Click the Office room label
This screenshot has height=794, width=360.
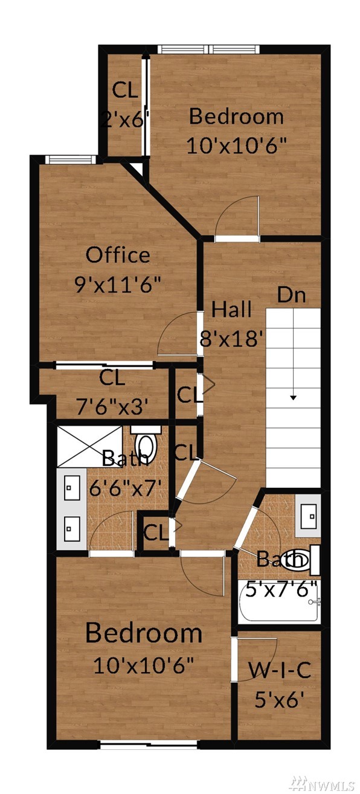click(x=118, y=255)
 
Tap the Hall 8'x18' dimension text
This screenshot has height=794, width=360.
click(x=232, y=339)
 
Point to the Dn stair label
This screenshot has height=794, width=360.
click(x=291, y=294)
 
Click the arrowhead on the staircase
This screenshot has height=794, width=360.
click(x=293, y=397)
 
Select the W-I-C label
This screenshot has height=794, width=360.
click(x=279, y=670)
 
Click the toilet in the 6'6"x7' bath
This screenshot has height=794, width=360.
click(x=146, y=444)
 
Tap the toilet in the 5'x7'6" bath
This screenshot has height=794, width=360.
click(x=302, y=560)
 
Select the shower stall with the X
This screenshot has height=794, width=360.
click(x=90, y=447)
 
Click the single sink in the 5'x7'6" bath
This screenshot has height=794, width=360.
click(x=308, y=516)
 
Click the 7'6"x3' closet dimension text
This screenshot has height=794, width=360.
click(x=112, y=406)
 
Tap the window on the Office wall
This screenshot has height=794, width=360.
click(x=71, y=159)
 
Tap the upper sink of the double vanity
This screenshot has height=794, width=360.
click(x=72, y=488)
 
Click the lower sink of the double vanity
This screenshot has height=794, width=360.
click(x=72, y=528)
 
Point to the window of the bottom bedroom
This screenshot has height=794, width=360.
click(x=149, y=744)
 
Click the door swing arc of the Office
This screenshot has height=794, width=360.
click(x=169, y=328)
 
